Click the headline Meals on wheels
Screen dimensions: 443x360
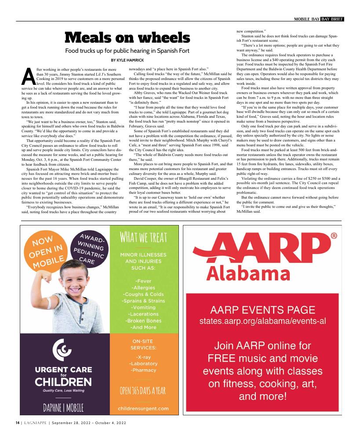[127, 38]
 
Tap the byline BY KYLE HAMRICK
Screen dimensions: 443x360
[127, 60]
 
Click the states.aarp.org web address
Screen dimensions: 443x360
[262, 320]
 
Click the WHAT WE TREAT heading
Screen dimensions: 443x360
[143, 238]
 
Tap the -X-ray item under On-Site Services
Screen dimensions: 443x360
[143, 356]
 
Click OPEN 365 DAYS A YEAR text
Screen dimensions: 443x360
[143, 390]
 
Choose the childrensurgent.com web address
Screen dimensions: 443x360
[143, 408]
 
